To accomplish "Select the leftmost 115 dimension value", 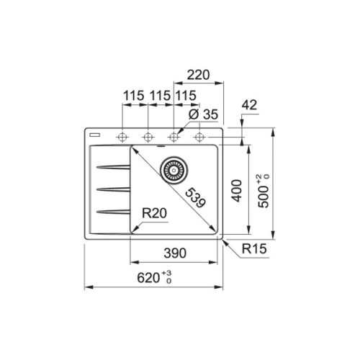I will pyautogui.click(x=132, y=96).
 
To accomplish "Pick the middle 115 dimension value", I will pyautogui.click(x=158, y=96).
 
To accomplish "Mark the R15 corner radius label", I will pyautogui.click(x=255, y=251).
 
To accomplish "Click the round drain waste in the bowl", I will pyautogui.click(x=173, y=170).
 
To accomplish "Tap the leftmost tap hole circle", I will pyautogui.click(x=122, y=136).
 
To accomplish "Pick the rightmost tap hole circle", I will pyautogui.click(x=199, y=136).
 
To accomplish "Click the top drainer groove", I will pyautogui.click(x=112, y=168).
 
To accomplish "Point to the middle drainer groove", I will pyautogui.click(x=112, y=189).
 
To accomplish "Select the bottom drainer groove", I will pyautogui.click(x=112, y=211).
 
